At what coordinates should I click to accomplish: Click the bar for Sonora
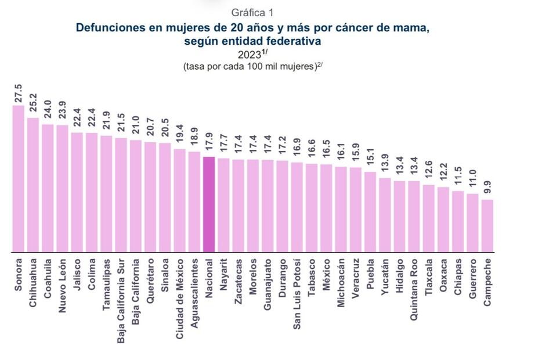click(x=19, y=179)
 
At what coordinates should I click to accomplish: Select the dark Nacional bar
click(x=209, y=204)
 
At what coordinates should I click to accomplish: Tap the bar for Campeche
click(x=487, y=226)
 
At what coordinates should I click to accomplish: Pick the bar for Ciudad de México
click(x=179, y=200)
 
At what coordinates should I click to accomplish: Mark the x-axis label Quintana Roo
click(x=414, y=288)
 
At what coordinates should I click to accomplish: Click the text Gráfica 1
click(x=252, y=12)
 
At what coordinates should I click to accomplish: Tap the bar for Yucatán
click(x=385, y=215)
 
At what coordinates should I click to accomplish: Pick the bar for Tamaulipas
click(x=106, y=194)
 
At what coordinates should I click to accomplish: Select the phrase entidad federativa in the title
click(x=278, y=41)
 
